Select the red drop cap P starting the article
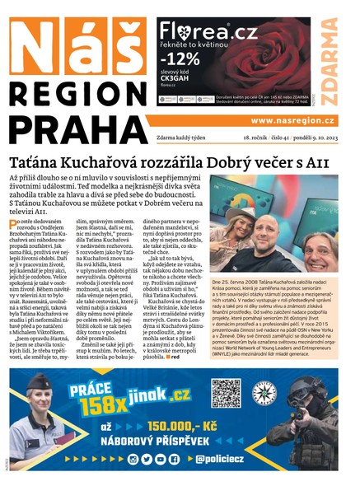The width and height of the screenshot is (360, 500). pos(14,225)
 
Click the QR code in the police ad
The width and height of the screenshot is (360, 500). pos(225,394)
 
